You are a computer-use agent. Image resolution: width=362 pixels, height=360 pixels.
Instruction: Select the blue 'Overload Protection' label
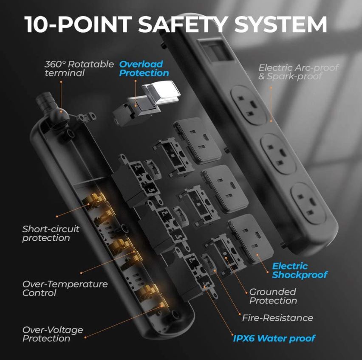tap(144, 68)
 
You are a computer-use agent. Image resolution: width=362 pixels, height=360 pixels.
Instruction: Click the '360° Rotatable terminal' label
tap(79, 68)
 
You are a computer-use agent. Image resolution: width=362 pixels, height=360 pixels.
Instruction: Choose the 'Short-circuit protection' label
tap(51, 233)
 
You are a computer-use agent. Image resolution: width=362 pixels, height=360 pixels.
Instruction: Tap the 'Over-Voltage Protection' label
tap(52, 334)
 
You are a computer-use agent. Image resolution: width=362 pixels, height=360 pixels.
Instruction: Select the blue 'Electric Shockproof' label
tap(300, 270)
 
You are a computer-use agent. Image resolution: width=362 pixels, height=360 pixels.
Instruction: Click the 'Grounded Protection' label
tap(273, 296)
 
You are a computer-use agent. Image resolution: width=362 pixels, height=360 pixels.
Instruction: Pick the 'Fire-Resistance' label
tap(277, 318)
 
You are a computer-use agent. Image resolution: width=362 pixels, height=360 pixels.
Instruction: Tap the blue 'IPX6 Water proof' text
tap(274, 338)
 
